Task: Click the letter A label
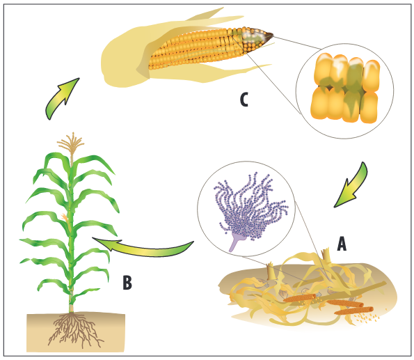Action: coord(342,244)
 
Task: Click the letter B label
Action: coord(127,282)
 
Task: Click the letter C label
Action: coord(244,100)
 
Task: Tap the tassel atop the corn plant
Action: coord(71,145)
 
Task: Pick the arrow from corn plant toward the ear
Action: coord(61,98)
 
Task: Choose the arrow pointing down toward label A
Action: coord(352,186)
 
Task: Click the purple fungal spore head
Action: coord(250,209)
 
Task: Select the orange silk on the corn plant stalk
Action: coord(65,217)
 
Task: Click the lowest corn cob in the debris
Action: coord(353,311)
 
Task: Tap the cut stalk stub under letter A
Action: coord(326,256)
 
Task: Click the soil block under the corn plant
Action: coord(76,333)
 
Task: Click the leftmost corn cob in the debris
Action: coord(299,298)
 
